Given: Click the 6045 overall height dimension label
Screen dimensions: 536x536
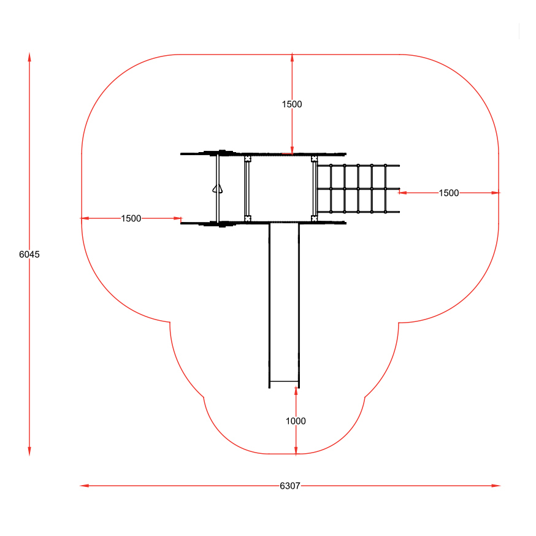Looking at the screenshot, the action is [x=29, y=255].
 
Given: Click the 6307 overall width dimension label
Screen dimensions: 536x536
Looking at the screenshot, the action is [x=290, y=486].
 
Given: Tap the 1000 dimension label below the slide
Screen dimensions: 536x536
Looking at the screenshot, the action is [x=296, y=421].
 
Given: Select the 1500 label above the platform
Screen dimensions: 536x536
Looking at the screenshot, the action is [x=292, y=104].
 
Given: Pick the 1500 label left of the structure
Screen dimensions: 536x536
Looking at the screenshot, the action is [x=131, y=218].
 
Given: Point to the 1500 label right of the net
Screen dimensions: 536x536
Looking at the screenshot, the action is [x=449, y=193].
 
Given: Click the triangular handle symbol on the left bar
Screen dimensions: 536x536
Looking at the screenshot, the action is [x=218, y=189].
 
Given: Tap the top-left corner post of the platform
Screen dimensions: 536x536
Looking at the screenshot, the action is [x=248, y=159].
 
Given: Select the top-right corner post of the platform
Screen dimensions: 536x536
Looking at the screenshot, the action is [x=314, y=159].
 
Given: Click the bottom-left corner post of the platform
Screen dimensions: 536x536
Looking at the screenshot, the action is [x=248, y=218].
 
